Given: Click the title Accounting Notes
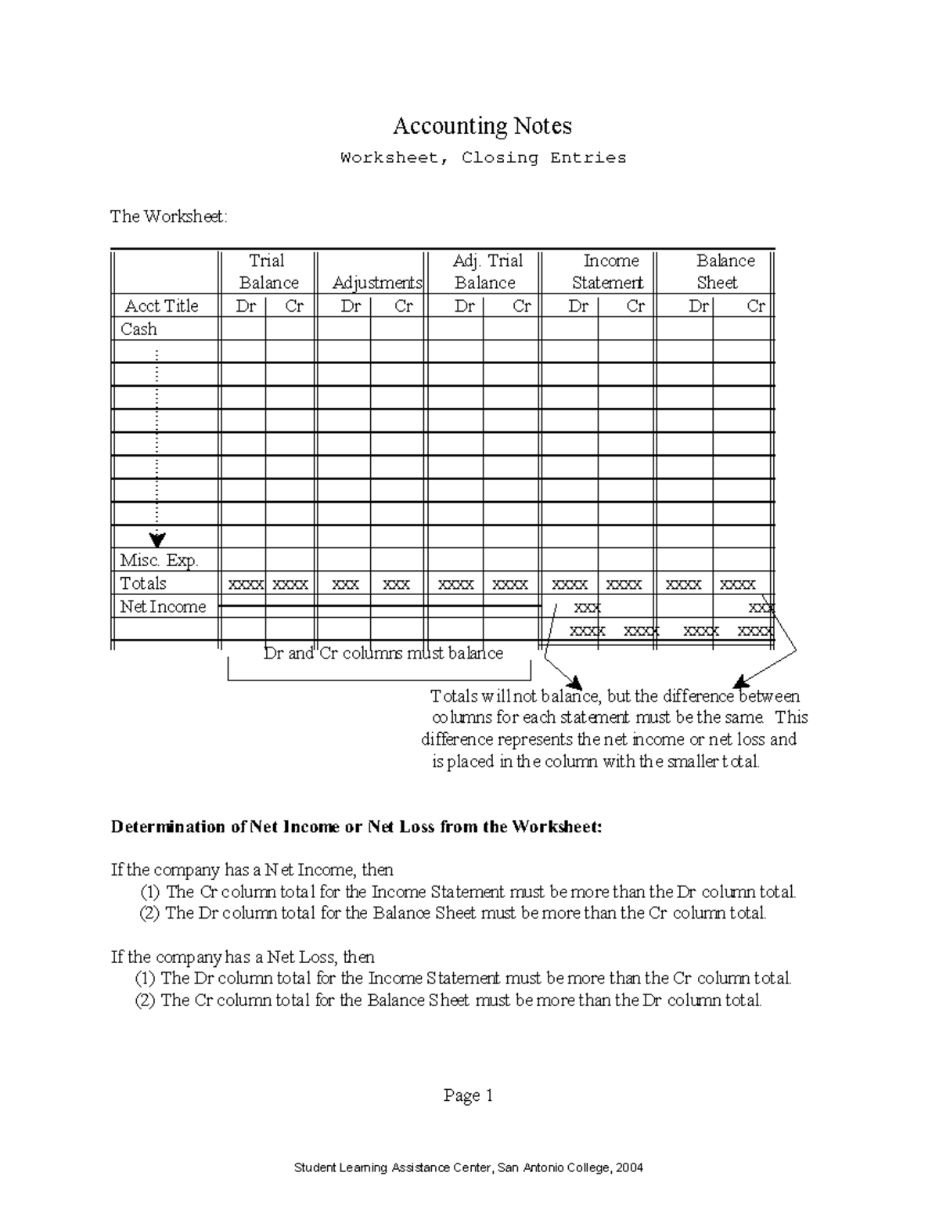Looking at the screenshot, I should click(482, 126).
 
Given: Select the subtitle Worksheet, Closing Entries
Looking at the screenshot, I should click(483, 158).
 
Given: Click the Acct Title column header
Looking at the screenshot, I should click(161, 306).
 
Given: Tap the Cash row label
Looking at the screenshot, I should click(139, 330).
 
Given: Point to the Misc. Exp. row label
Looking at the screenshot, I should click(159, 561).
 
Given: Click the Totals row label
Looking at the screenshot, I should click(143, 584).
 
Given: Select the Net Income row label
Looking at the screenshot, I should click(163, 607).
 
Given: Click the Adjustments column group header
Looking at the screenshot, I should click(377, 283).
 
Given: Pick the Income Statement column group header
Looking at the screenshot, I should click(609, 272).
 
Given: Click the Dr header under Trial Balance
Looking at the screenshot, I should click(246, 306).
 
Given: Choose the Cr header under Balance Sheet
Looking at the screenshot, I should click(755, 306).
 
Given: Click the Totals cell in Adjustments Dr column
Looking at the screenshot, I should click(345, 585).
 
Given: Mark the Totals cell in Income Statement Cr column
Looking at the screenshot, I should click(624, 585).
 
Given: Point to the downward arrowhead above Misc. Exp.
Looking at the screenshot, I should click(158, 539).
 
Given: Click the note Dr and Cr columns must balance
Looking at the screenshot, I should click(383, 654).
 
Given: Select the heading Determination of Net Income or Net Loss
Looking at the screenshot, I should click(357, 827).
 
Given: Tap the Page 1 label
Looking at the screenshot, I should click(468, 1095).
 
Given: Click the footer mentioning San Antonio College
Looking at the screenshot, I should click(468, 1167).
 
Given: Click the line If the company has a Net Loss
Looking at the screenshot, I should click(243, 957).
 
